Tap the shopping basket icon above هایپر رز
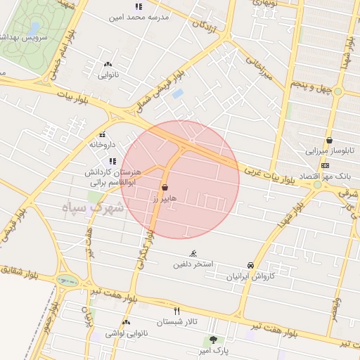pos(165,188)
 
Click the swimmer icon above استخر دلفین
pos(193,254)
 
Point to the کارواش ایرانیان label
pos(250,276)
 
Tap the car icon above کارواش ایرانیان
pos(250,265)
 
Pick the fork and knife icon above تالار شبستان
pos(176,310)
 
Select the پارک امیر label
pos(212,348)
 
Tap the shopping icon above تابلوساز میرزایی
pos(329,140)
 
